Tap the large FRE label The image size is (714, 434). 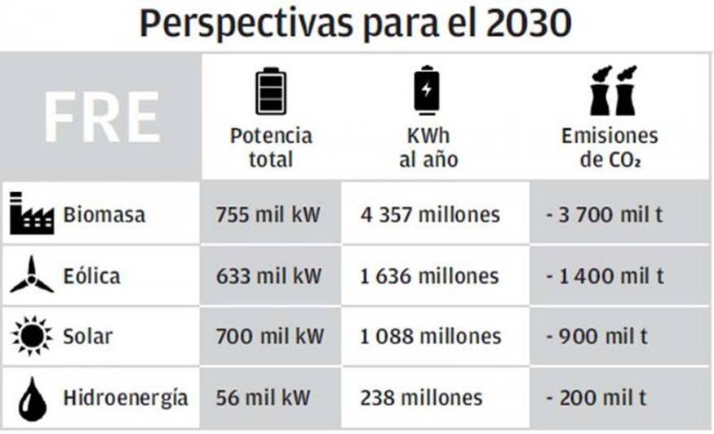click(x=101, y=118)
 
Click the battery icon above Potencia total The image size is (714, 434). click(x=270, y=91)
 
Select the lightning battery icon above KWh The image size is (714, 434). click(x=427, y=90)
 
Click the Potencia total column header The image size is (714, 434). click(x=270, y=147)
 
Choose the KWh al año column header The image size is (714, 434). click(x=428, y=147)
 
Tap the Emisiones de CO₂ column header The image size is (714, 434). click(x=610, y=147)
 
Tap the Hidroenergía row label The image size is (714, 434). click(x=125, y=398)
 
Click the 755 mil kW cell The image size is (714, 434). click(x=269, y=215)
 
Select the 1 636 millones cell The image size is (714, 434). click(x=429, y=276)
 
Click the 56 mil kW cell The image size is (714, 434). click(x=263, y=398)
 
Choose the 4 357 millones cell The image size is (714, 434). click(x=430, y=215)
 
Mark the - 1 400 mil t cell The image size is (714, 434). click(x=605, y=276)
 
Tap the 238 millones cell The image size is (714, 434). click(x=421, y=398)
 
